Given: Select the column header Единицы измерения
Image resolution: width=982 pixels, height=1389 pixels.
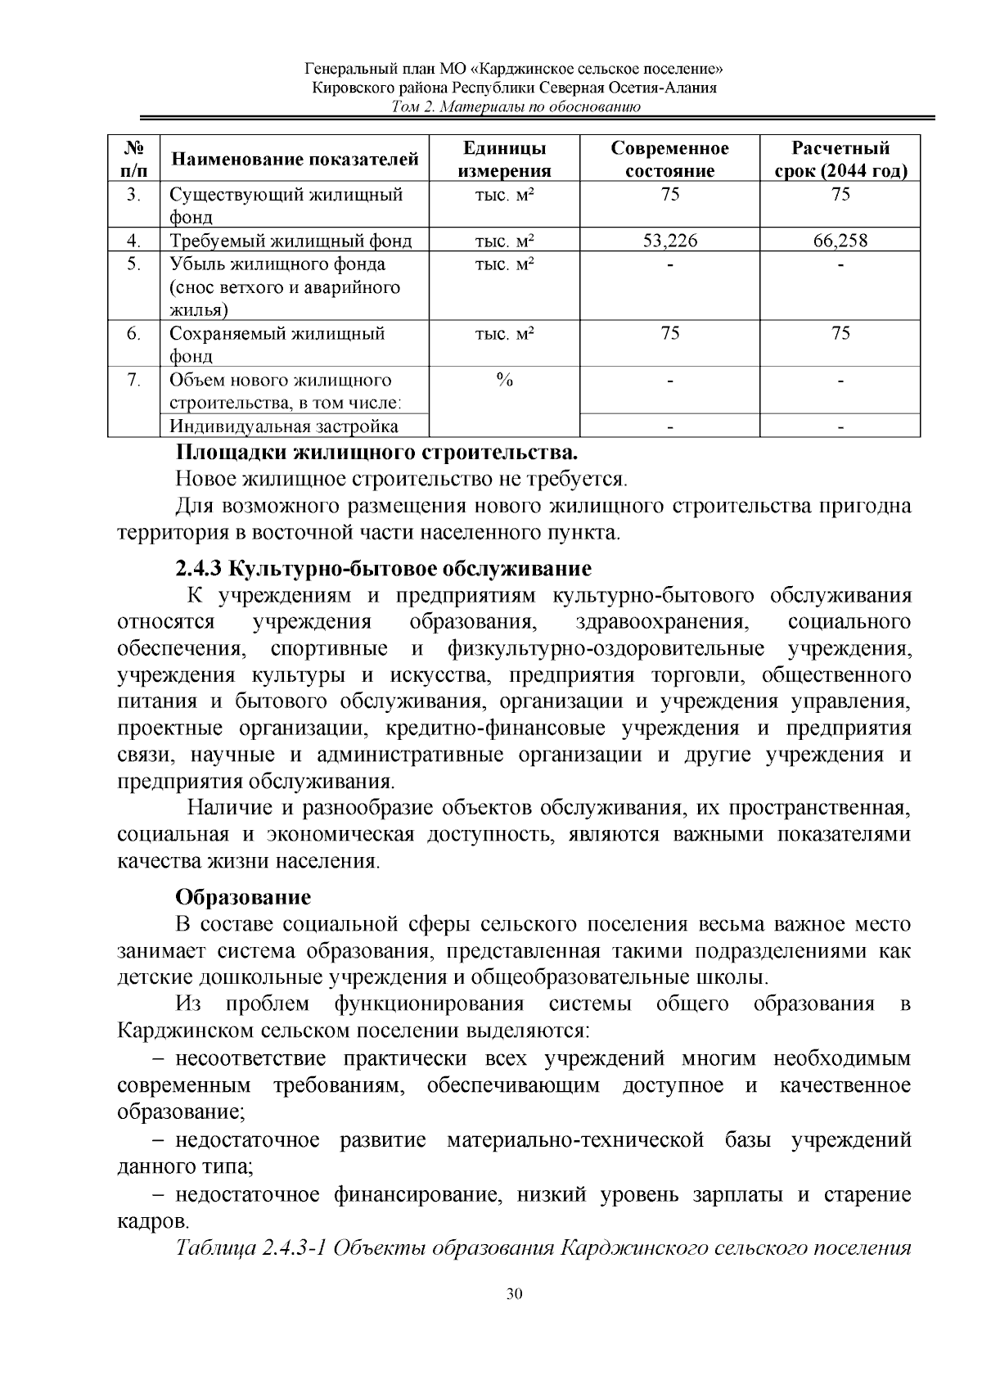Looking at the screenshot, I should pos(504,160).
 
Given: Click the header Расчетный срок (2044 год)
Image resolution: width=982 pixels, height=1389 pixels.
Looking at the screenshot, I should pos(840,160).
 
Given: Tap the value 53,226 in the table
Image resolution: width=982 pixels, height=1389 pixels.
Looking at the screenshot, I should pos(669,241).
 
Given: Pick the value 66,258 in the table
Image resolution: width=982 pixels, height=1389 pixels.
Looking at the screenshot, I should pos(840,241).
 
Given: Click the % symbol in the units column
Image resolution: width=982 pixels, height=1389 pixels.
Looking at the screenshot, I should pos(504,380).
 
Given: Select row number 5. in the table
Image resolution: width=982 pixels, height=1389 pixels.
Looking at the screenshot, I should pos(134,264).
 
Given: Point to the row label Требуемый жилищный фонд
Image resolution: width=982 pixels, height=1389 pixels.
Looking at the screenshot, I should pos(291,241).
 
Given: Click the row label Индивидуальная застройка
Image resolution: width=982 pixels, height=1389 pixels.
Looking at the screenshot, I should pos(284,426).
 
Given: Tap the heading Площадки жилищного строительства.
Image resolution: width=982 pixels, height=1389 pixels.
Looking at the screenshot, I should pos(377,453).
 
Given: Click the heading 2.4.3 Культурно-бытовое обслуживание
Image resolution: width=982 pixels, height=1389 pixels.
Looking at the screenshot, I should pos(383,568).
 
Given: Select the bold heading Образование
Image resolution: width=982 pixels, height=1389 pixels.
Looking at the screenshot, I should pos(243,897).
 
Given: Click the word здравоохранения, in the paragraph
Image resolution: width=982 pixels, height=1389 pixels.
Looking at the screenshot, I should pos(663,622).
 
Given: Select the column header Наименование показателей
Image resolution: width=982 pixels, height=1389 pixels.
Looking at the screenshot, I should pos(294,160).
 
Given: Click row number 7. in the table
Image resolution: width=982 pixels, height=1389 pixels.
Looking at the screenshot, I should pos(134,380).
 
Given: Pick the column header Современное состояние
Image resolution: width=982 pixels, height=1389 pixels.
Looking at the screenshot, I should pos(669,160).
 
